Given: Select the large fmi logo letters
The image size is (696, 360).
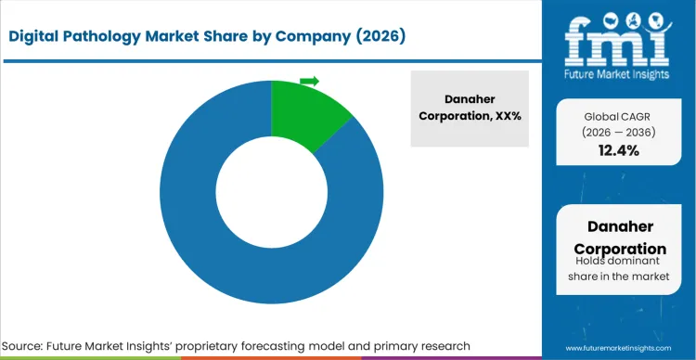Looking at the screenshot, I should [x=617, y=37].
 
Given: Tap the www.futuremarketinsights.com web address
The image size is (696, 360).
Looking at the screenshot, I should [x=618, y=345].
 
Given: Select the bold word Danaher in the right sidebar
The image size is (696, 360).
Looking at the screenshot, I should [x=619, y=227].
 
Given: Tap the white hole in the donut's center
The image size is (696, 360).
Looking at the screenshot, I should [x=271, y=194].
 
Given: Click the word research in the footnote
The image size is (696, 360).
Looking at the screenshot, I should [x=443, y=345].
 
